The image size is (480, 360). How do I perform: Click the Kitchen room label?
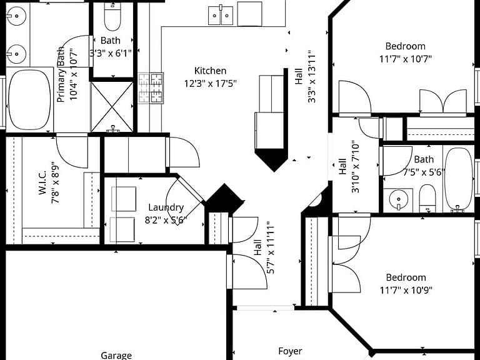tap(210, 71)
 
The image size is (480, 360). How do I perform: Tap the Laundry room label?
tap(166, 207)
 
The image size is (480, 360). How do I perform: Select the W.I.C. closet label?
tap(42, 182)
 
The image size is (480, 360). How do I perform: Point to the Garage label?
tap(116, 356)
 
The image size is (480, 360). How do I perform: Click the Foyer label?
tap(290, 351)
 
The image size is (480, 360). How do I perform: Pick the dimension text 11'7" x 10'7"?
tap(405, 59)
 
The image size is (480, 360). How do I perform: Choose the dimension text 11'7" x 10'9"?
tap(406, 289)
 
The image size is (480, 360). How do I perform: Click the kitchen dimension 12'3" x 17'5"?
tap(210, 83)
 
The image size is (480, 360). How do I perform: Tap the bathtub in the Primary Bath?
tap(29, 99)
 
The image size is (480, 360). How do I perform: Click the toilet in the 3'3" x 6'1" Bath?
tap(112, 17)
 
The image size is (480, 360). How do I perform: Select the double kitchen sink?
tap(221, 15)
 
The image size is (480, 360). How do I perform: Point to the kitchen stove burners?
tap(151, 88)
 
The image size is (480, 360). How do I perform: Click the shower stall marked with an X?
tap(112, 107)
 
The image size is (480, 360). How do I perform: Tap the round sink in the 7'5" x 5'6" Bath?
tap(398, 200)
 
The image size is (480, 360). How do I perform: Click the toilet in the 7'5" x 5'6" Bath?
tap(427, 198)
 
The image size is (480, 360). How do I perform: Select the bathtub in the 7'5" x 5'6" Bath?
tap(459, 179)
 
